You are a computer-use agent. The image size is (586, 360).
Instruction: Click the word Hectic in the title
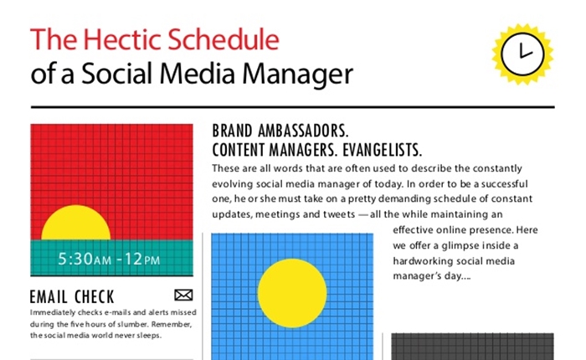[122, 39]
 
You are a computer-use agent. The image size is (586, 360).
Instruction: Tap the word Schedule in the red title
[224, 39]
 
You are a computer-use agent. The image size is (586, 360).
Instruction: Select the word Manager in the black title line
[297, 74]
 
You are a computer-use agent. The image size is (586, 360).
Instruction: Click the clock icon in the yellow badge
[522, 54]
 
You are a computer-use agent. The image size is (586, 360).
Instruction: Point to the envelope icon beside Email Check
[183, 295]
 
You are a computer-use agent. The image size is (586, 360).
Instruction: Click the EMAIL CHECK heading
[72, 297]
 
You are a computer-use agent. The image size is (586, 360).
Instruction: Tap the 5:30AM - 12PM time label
[109, 259]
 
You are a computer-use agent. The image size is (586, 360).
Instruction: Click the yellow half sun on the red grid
[76, 223]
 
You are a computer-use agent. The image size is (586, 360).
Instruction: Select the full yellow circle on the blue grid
[292, 293]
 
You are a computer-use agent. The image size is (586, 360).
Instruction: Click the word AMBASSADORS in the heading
[303, 131]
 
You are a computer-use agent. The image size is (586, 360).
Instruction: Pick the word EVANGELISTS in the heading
[383, 150]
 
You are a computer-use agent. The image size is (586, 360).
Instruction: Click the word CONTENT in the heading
[239, 150]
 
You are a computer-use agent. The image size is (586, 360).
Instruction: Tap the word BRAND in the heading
[232, 131]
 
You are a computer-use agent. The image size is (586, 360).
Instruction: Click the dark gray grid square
[472, 347]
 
